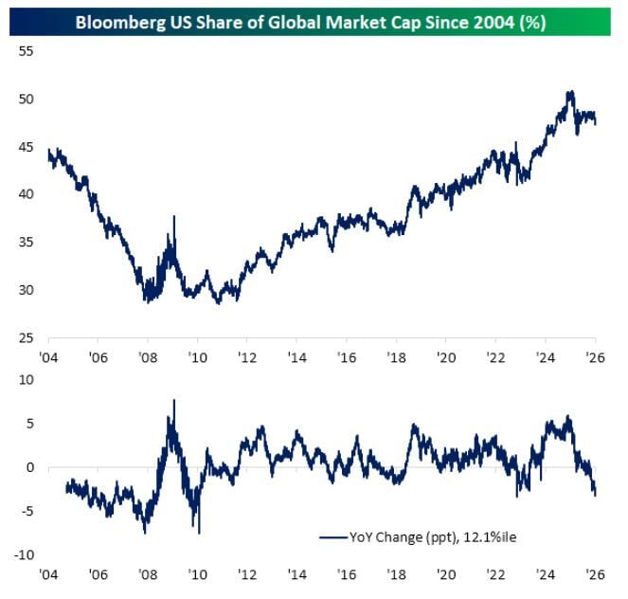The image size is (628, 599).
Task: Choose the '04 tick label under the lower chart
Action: tap(48, 575)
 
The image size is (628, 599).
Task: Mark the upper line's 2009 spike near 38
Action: tap(174, 217)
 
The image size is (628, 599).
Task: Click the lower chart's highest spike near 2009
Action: tap(174, 401)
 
